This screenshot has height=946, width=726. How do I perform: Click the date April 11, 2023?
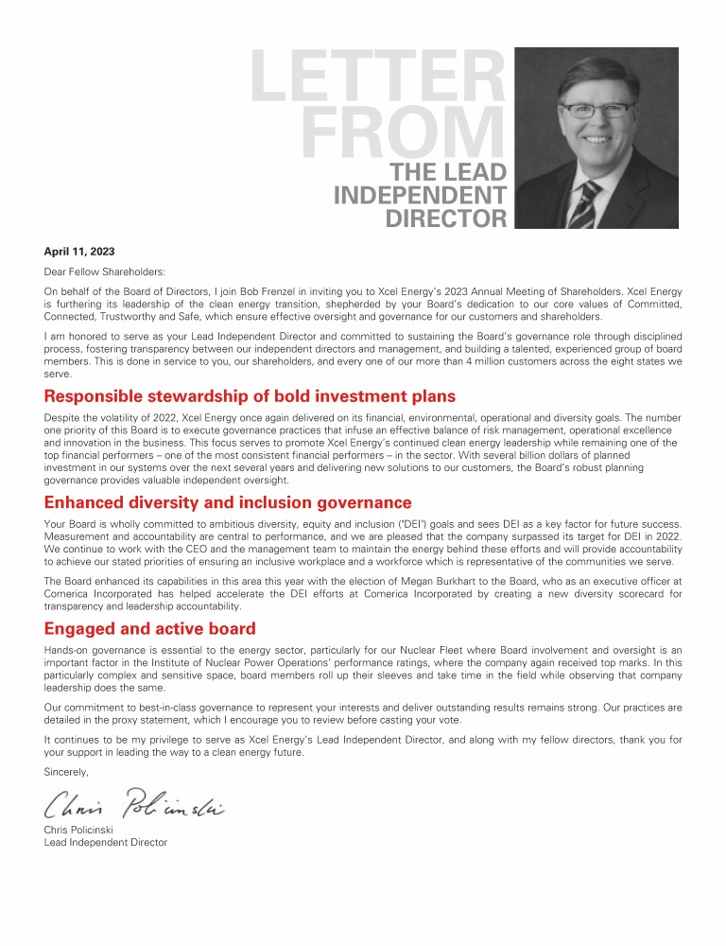pos(79,251)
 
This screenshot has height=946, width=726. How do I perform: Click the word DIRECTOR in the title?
pos(446,219)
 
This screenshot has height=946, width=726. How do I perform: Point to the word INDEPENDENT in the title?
pos(420,196)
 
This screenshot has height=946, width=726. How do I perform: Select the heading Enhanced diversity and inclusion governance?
pos(227,502)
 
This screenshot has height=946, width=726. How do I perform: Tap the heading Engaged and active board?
pos(149,629)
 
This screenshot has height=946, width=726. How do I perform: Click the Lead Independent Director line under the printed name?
pos(105,842)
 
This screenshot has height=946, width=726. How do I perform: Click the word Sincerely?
pos(66,772)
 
